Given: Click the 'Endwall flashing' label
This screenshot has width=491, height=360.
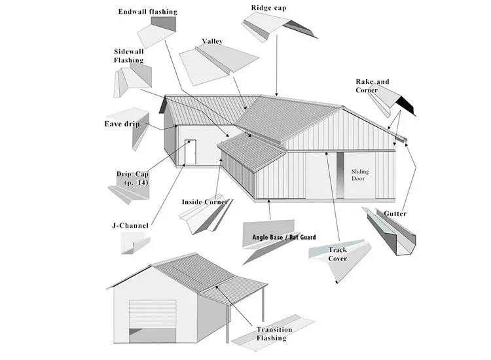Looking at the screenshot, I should pyautogui.click(x=147, y=12).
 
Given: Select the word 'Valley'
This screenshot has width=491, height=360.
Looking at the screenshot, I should pyautogui.click(x=212, y=41).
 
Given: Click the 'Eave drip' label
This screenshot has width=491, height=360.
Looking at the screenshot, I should pyautogui.click(x=122, y=124).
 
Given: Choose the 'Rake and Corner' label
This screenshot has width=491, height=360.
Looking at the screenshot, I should pyautogui.click(x=372, y=86).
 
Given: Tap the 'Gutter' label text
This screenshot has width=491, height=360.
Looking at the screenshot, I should pyautogui.click(x=395, y=214).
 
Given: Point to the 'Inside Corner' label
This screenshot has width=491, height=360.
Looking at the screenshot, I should pyautogui.click(x=204, y=202).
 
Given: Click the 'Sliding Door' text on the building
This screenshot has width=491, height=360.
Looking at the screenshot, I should pyautogui.click(x=360, y=174).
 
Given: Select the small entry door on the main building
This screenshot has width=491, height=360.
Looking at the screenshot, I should pyautogui.click(x=190, y=153).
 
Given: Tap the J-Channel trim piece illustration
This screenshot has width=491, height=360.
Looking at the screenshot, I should pyautogui.click(x=131, y=244).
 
